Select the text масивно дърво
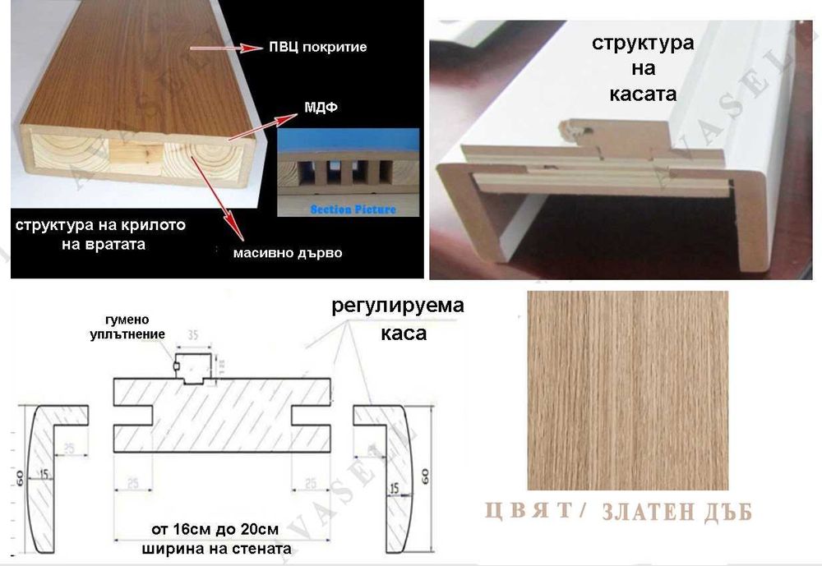click(285, 253)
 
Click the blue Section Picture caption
click(353, 210)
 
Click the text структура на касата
click(642, 67)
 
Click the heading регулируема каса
click(398, 320)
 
